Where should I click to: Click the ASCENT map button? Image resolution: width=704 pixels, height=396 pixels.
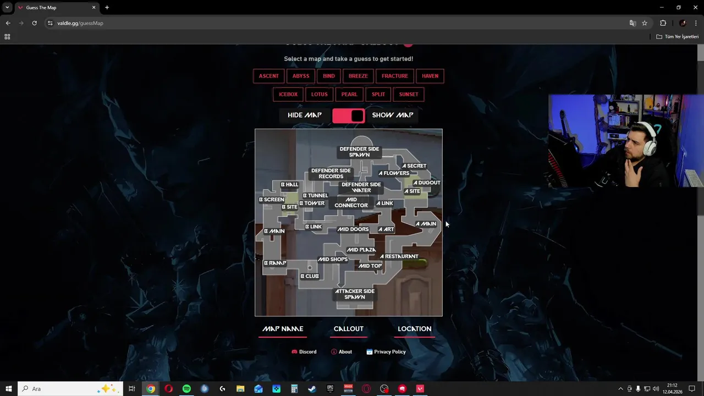(x=269, y=76)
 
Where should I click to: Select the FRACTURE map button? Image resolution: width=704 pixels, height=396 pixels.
(x=395, y=76)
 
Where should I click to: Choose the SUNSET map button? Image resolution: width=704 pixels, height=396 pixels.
(x=409, y=94)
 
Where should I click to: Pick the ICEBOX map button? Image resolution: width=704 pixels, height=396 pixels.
(x=288, y=94)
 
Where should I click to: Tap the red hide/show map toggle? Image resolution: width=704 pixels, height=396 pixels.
(x=348, y=116)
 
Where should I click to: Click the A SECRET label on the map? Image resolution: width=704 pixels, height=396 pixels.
(x=414, y=166)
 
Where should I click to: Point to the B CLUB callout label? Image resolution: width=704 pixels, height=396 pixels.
(x=310, y=276)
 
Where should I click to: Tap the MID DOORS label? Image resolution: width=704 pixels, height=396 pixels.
(x=353, y=229)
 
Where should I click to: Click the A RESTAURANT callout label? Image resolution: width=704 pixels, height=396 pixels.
(x=399, y=256)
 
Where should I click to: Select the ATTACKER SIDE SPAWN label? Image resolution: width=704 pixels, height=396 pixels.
(x=355, y=294)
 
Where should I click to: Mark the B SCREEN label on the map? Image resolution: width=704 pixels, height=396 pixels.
(x=272, y=200)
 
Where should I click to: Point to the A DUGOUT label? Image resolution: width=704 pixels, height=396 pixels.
(x=427, y=183)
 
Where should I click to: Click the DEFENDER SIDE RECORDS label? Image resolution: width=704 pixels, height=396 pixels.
(x=331, y=174)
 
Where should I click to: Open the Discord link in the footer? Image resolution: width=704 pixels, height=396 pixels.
(x=304, y=352)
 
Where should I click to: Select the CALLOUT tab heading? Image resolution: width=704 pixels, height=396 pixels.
(x=349, y=329)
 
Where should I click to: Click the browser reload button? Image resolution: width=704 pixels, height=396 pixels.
(x=34, y=23)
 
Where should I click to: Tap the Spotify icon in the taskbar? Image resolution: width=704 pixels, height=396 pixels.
(x=186, y=389)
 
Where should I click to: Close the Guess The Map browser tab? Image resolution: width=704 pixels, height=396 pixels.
(x=94, y=8)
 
